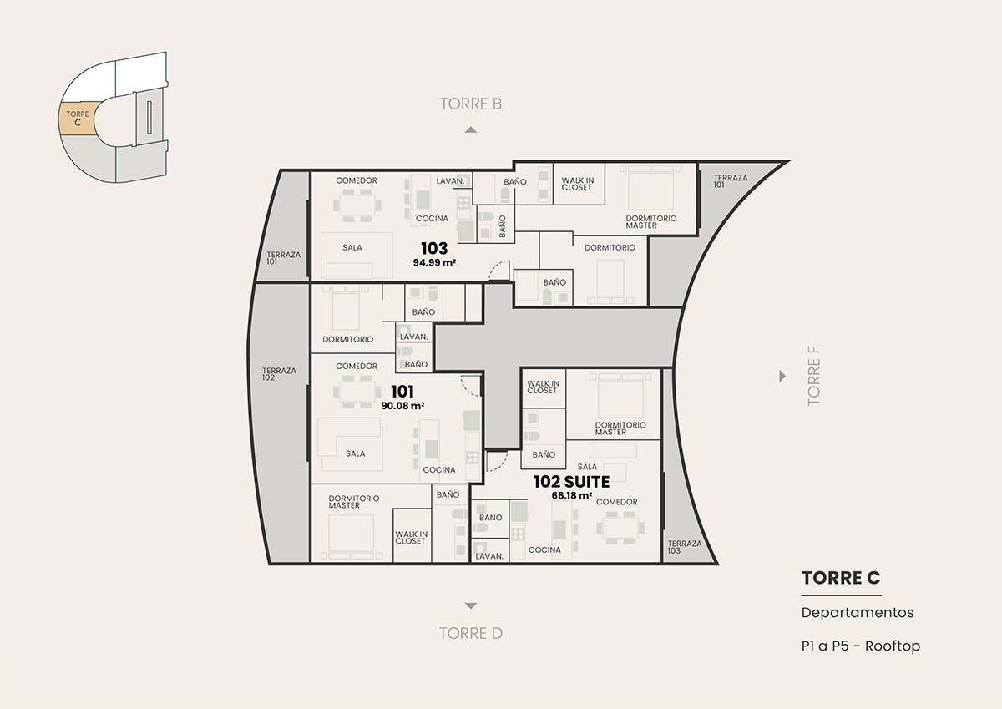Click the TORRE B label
pyautogui.click(x=471, y=104)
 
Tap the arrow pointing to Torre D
pyautogui.click(x=471, y=605)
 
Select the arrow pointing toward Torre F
pyautogui.click(x=782, y=376)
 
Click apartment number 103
pyautogui.click(x=434, y=248)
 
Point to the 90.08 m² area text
pyautogui.click(x=402, y=406)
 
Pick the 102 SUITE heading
pyautogui.click(x=572, y=482)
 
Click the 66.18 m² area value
pyautogui.click(x=572, y=495)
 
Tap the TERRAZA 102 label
pyautogui.click(x=279, y=374)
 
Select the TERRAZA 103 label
pyautogui.click(x=685, y=547)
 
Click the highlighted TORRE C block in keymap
pyautogui.click(x=77, y=119)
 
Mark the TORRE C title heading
pyautogui.click(x=841, y=578)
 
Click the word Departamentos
pyautogui.click(x=858, y=612)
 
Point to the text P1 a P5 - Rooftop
pyautogui.click(x=861, y=646)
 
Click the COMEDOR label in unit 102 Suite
pyautogui.click(x=616, y=502)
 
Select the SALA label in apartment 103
pyautogui.click(x=352, y=247)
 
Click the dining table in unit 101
pyautogui.click(x=357, y=392)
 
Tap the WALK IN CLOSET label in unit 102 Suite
pyautogui.click(x=543, y=387)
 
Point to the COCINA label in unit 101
pyautogui.click(x=439, y=469)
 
